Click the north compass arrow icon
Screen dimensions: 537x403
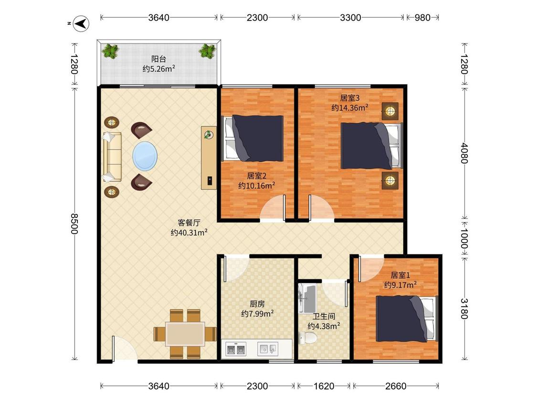(x=82, y=24)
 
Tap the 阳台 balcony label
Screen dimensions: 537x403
(x=158, y=59)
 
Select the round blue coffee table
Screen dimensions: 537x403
(x=145, y=156)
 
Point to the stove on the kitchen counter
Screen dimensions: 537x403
(x=236, y=349)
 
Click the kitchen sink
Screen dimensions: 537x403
(x=267, y=349)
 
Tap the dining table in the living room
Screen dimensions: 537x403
(x=185, y=334)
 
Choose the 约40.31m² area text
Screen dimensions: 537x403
(x=189, y=233)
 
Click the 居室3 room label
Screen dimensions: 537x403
(x=350, y=98)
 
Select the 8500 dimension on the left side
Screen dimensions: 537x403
(x=74, y=224)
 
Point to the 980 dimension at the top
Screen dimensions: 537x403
(x=422, y=18)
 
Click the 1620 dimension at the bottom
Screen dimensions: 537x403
(x=324, y=386)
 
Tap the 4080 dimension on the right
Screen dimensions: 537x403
(x=464, y=153)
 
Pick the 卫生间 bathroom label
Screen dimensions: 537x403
(x=324, y=316)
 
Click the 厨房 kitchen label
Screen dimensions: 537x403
(x=257, y=304)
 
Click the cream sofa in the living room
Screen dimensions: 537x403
(x=112, y=157)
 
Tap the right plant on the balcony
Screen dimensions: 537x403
(x=207, y=51)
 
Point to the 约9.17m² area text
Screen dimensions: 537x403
(x=400, y=285)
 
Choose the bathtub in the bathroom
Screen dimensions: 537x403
(x=307, y=298)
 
